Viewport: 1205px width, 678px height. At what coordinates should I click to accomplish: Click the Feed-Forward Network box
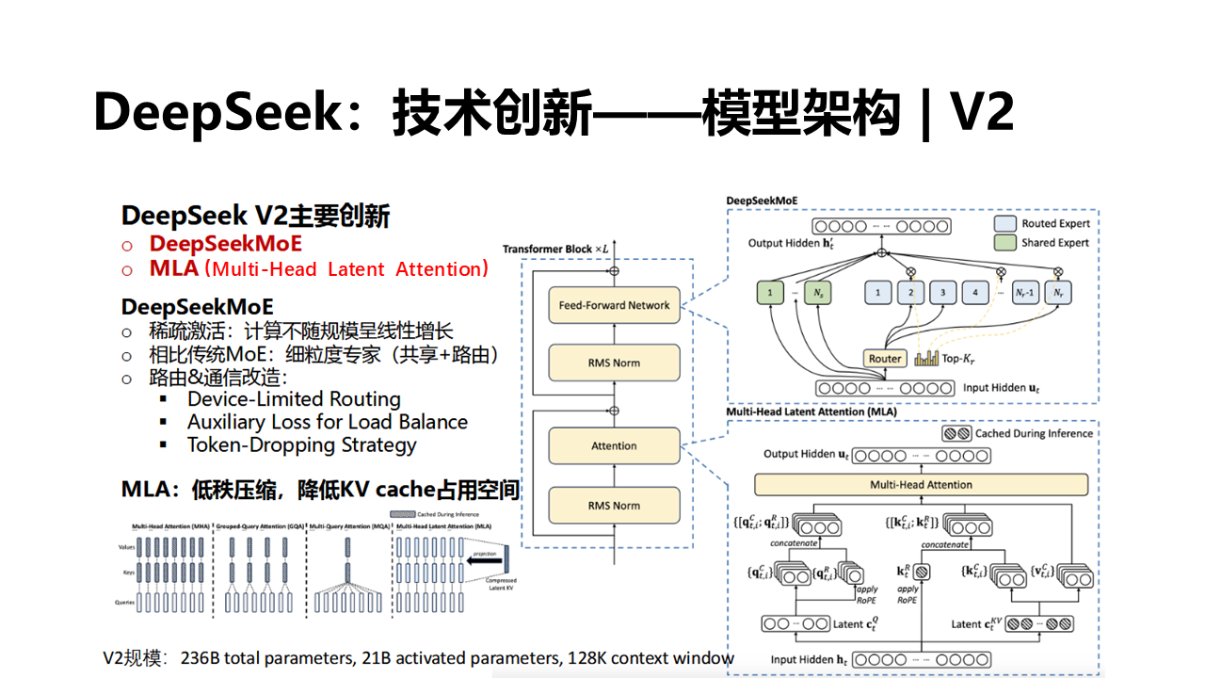(x=614, y=305)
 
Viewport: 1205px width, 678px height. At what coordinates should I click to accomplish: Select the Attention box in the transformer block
(x=614, y=446)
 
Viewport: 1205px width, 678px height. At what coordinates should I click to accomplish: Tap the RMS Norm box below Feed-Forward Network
(x=614, y=363)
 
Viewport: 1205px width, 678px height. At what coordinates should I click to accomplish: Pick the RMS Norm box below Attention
(x=614, y=506)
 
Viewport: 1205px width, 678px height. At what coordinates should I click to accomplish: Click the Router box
(x=885, y=358)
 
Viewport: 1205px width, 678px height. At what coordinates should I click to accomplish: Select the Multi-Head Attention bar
(x=922, y=485)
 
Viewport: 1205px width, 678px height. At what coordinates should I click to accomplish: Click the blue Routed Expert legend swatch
(x=1005, y=224)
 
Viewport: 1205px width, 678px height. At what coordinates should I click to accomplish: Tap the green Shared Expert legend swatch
(x=1005, y=243)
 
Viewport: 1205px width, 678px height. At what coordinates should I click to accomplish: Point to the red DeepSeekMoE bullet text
(x=226, y=243)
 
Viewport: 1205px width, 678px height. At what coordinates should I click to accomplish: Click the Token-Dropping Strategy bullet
(x=301, y=445)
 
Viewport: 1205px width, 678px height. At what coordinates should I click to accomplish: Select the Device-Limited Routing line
(x=294, y=399)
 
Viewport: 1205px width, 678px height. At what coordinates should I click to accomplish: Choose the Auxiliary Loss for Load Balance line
(x=327, y=422)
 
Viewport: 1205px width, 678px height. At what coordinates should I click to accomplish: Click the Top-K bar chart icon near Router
(x=927, y=358)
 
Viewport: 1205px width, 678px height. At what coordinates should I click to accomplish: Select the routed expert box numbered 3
(x=942, y=293)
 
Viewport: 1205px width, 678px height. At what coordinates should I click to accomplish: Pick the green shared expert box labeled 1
(x=770, y=293)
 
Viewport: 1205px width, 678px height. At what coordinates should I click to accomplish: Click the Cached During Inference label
(x=1034, y=434)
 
